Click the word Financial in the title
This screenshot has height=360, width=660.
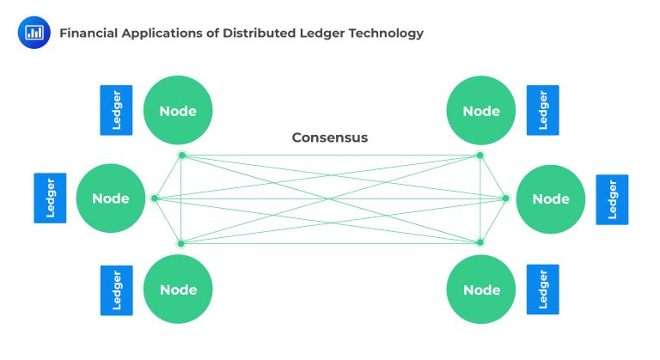(x=88, y=34)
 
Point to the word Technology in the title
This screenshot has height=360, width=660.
(x=383, y=34)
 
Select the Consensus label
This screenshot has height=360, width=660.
(x=329, y=137)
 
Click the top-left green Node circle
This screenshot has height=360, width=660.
(x=177, y=111)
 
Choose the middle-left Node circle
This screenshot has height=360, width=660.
(x=110, y=198)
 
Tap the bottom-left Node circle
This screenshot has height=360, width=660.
(x=177, y=290)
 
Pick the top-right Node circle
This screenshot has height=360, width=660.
(x=480, y=111)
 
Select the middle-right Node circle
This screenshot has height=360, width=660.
(x=550, y=198)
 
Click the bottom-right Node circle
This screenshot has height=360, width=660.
(x=480, y=290)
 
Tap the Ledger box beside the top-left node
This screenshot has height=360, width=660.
(x=116, y=110)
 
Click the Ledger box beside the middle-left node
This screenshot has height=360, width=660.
(x=50, y=198)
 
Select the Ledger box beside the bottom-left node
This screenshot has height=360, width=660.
(x=116, y=290)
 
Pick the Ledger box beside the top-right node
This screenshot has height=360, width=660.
(x=542, y=110)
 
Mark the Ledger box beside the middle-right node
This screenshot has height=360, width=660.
(x=612, y=199)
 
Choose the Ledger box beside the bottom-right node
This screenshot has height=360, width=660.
(x=542, y=290)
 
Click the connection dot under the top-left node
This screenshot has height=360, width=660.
(x=181, y=156)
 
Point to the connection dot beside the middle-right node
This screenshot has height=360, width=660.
(x=505, y=198)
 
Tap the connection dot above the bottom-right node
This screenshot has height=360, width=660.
(x=480, y=243)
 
